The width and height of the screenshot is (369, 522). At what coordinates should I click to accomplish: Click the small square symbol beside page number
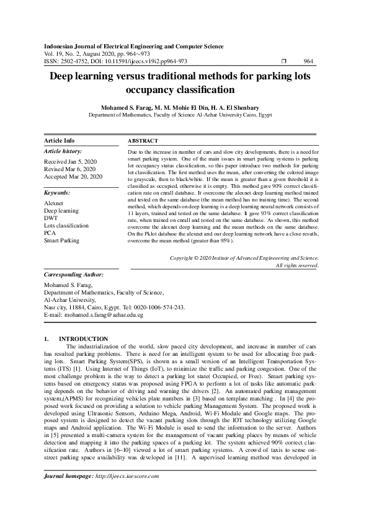(283, 61)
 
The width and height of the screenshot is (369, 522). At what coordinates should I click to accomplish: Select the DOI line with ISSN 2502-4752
(115, 61)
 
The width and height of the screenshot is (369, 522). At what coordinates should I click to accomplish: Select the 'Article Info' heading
(60, 141)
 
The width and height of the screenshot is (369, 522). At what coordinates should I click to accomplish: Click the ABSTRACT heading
(143, 141)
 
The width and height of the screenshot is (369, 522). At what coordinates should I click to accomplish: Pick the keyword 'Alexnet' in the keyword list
(55, 203)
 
